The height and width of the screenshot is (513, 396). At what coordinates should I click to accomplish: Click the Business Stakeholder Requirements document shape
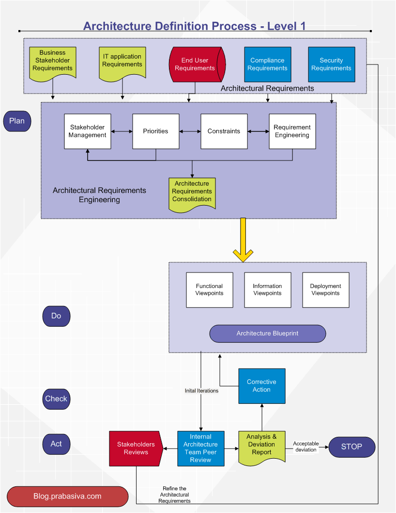click(53, 62)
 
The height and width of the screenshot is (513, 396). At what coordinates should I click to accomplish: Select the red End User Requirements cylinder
click(195, 64)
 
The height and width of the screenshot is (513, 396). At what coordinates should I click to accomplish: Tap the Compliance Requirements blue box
click(268, 64)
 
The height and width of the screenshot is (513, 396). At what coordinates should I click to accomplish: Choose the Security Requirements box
click(332, 64)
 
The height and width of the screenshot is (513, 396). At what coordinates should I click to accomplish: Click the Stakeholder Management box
click(88, 131)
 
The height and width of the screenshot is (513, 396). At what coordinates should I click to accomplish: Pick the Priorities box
click(156, 131)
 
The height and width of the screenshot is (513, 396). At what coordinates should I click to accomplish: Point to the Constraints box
click(224, 131)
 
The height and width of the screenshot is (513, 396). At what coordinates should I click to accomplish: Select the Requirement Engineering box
click(292, 131)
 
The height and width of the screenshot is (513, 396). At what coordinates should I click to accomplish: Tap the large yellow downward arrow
click(243, 240)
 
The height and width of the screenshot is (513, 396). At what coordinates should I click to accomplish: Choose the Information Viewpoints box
click(268, 290)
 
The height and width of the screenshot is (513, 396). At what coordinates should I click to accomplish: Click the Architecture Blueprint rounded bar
click(268, 334)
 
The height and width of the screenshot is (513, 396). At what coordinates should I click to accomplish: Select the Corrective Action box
click(262, 386)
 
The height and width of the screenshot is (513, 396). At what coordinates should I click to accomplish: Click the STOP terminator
click(352, 447)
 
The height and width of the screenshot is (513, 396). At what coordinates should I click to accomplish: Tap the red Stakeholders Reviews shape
click(135, 449)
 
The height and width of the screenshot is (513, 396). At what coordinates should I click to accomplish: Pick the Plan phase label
click(17, 121)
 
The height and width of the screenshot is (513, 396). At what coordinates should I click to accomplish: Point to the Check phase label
click(56, 399)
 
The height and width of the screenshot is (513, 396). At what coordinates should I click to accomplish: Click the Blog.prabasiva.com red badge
click(67, 497)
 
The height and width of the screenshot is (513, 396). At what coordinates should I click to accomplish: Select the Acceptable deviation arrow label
click(306, 447)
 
